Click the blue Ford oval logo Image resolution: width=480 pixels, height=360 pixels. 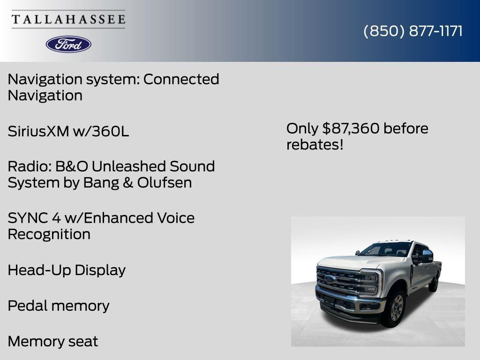68,44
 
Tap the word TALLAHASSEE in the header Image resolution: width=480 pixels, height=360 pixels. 68,19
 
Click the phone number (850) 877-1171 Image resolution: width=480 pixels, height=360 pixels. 412,31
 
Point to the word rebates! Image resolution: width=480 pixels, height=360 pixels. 315,145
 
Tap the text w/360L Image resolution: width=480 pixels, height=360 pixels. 101,132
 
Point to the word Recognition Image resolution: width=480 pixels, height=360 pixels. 49,234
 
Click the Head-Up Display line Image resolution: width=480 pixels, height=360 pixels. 67,270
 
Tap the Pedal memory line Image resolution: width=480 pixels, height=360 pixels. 58,306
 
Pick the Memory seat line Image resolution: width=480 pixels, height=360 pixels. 52,342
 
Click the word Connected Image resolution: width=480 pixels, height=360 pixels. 181,79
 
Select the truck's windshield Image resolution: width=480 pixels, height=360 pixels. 385,249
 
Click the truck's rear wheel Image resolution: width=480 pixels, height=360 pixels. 435,282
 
